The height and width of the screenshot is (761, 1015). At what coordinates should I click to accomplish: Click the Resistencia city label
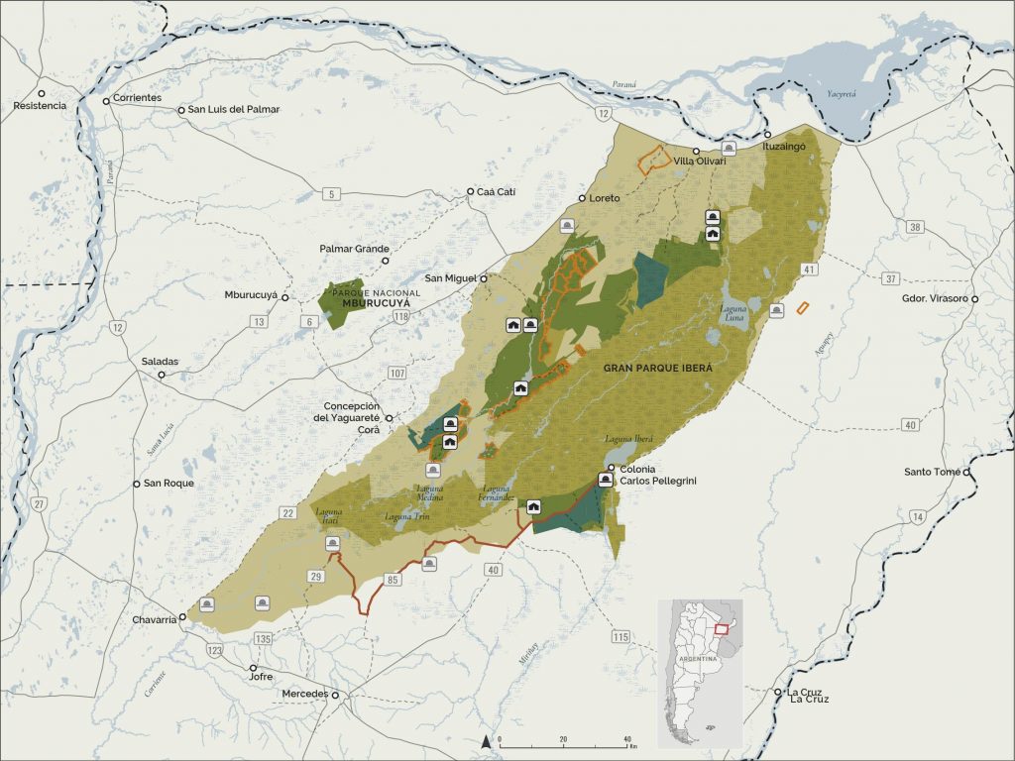40,105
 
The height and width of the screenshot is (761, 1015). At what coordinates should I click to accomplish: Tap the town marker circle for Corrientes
106,100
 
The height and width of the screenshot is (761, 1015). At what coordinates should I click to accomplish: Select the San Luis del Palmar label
234,109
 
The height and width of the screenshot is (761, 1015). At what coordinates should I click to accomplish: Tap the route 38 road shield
915,227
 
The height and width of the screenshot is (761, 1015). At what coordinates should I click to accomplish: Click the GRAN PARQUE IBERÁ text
658,367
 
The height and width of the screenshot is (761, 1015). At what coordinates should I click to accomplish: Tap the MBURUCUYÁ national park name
368,303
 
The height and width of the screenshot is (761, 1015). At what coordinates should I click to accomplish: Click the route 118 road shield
400,316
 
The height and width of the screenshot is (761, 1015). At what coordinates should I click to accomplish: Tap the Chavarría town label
153,619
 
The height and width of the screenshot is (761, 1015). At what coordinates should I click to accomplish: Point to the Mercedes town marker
335,695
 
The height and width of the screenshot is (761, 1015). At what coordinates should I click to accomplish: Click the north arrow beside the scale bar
486,740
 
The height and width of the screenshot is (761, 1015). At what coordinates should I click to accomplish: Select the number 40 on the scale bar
626,740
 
